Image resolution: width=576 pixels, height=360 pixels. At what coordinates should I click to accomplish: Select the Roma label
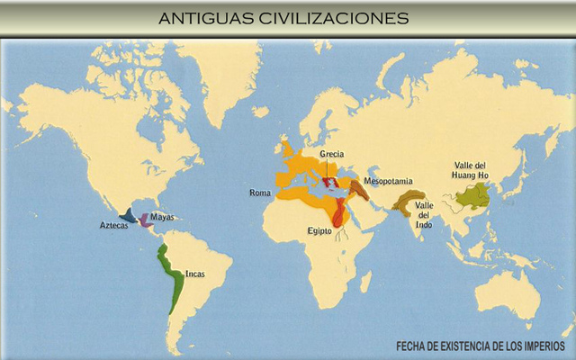pos(260,193)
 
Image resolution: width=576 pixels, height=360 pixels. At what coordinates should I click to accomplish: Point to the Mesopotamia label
pos(389,180)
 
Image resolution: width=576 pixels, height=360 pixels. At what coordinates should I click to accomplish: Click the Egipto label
pos(319,231)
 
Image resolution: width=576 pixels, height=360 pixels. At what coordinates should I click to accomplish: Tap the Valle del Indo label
pos(424,214)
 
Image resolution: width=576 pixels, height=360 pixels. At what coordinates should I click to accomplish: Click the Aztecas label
pos(113,226)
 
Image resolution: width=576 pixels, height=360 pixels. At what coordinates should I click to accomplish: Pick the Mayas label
pos(163,217)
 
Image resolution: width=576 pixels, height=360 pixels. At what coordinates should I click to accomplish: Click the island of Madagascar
pos(365,283)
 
